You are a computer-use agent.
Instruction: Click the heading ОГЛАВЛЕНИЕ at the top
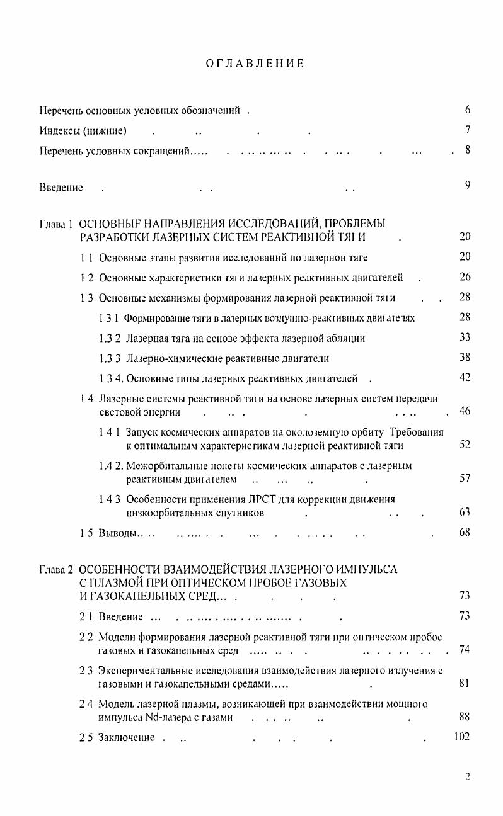(x=255, y=63)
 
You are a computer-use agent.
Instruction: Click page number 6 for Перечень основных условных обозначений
(x=468, y=110)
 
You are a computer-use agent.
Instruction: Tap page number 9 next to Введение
(x=468, y=186)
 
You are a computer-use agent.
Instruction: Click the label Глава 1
(x=57, y=224)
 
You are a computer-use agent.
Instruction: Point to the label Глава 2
(x=57, y=570)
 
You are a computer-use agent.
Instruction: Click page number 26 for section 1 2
(x=465, y=277)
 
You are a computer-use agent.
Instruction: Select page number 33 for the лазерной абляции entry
(x=465, y=337)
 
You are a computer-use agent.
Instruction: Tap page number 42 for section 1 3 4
(x=465, y=378)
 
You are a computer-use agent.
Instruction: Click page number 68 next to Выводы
(x=465, y=533)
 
